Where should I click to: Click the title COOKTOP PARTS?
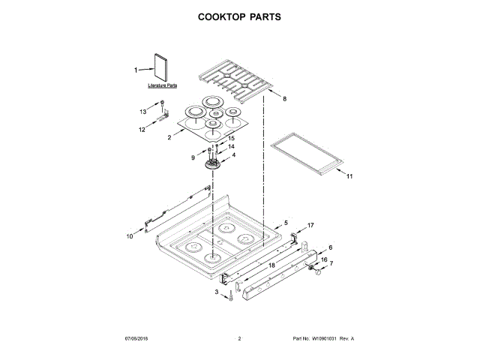coord(239,16)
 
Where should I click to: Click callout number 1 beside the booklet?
coord(136,70)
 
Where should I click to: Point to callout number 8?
coord(284,98)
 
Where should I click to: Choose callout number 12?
coord(142,129)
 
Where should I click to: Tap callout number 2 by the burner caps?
coord(170,137)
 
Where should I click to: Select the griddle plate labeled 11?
coord(308,154)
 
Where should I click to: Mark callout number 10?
coord(129,235)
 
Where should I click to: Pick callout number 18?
coord(271,266)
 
